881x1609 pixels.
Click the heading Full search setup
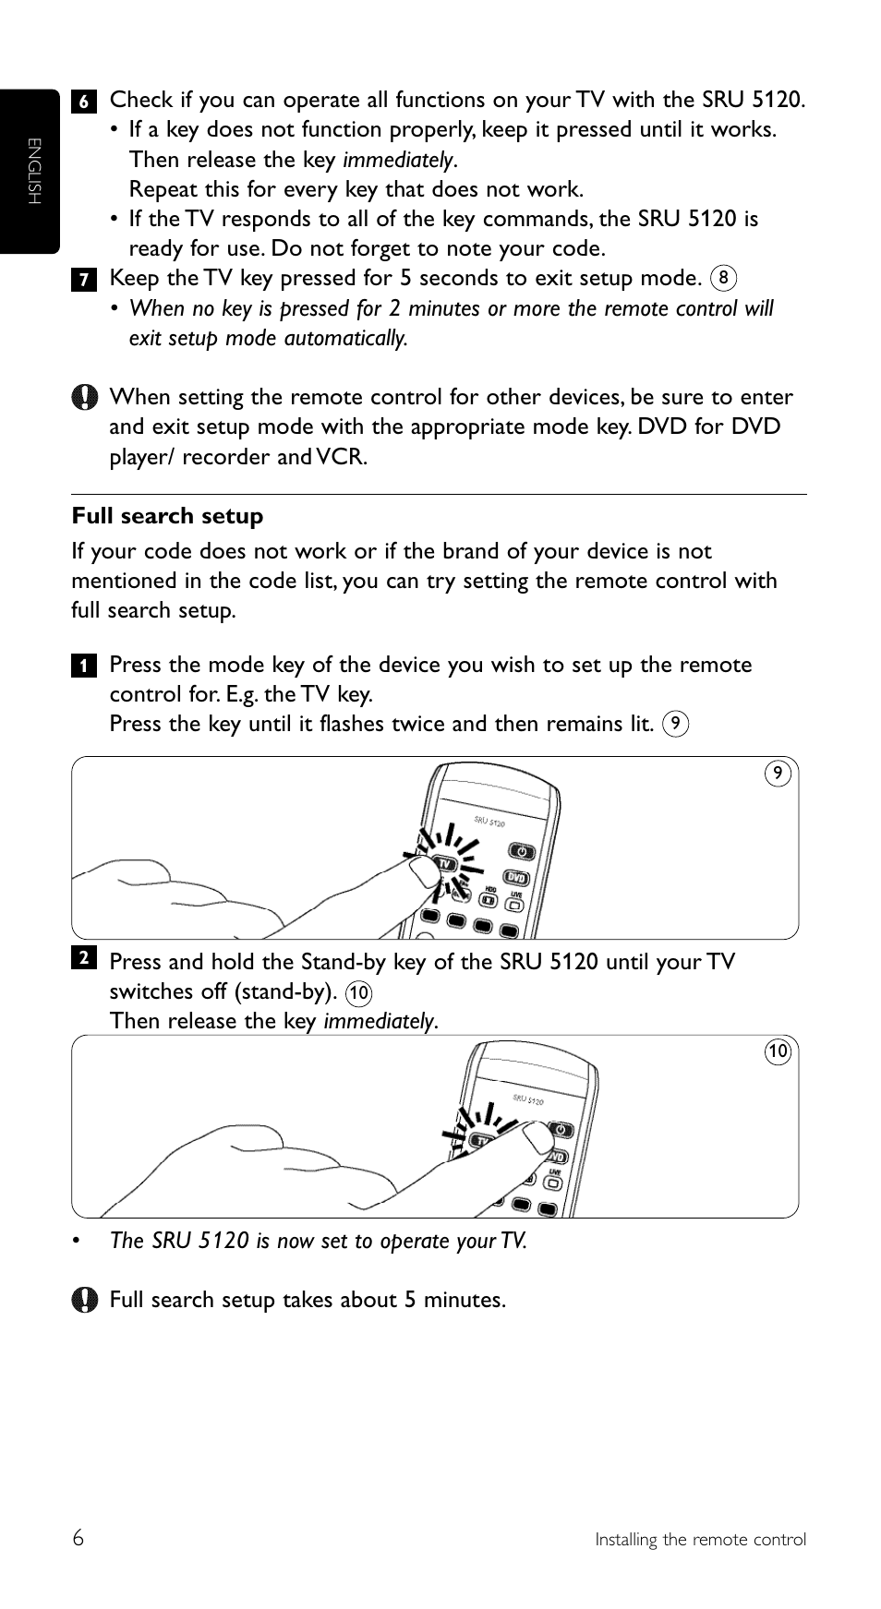(x=167, y=516)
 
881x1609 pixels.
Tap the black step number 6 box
(x=83, y=102)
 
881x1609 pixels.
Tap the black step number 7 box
(x=83, y=280)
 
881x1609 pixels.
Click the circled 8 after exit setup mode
(x=724, y=278)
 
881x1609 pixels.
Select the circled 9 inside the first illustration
(x=778, y=774)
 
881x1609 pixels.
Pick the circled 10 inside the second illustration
(x=778, y=1051)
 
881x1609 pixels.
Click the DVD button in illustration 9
(x=515, y=878)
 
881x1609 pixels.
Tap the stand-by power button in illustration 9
(x=522, y=850)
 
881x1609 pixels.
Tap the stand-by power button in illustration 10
(x=561, y=1130)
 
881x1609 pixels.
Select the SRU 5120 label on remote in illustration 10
(x=527, y=1099)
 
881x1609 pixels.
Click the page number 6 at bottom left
(x=78, y=1538)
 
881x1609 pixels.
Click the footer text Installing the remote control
(x=700, y=1540)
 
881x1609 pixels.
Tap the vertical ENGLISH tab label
(x=34, y=172)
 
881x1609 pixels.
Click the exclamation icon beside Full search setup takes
(x=84, y=1300)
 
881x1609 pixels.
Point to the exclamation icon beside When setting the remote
(x=84, y=398)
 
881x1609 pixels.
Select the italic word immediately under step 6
(x=399, y=161)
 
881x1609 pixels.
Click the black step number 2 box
(x=83, y=958)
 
